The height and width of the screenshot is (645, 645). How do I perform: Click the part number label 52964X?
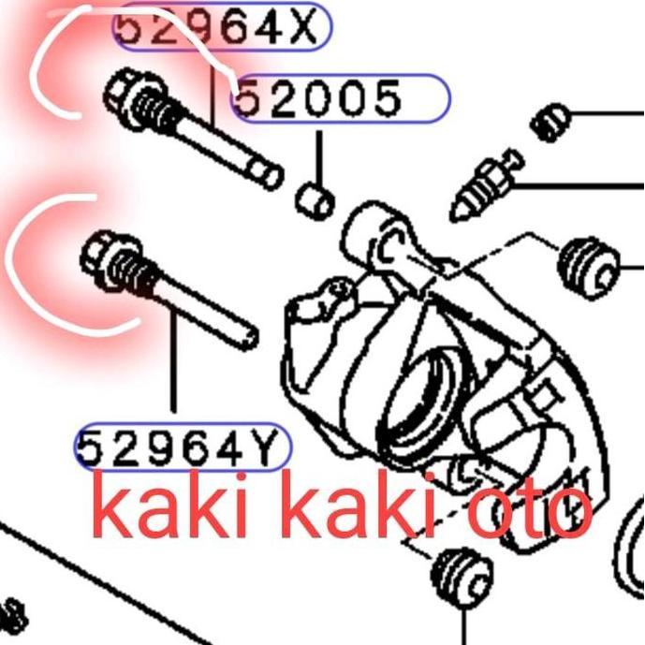click(x=221, y=28)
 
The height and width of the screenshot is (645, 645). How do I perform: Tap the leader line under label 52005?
click(x=318, y=154)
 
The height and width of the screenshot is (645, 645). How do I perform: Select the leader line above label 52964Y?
click(x=174, y=365)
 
